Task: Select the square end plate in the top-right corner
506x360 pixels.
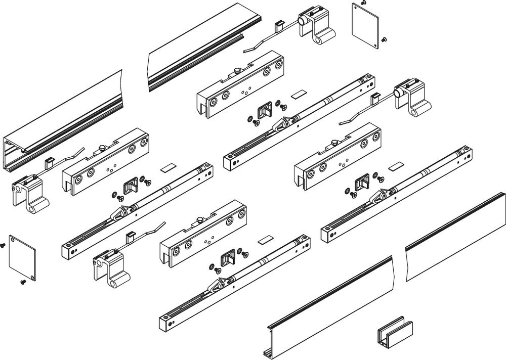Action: coord(365,26)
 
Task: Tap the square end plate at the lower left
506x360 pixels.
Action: coord(22,258)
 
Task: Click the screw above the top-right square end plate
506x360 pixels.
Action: coord(362,4)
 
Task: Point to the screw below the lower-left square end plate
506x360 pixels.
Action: coord(22,282)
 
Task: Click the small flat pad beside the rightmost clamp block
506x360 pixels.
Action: coord(396,166)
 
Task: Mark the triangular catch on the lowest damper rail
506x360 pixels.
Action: coord(221,285)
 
